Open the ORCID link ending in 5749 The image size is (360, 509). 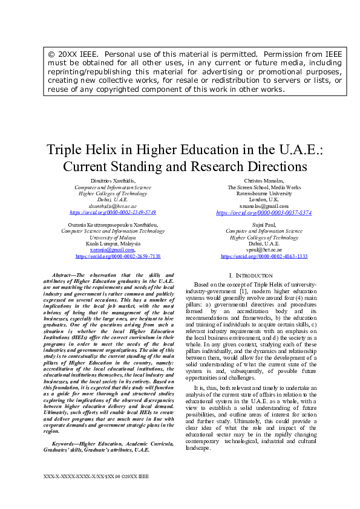click(113, 213)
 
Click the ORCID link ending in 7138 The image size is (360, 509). click(118, 256)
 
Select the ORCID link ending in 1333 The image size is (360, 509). click(264, 256)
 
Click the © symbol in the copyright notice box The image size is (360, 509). click(52, 54)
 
